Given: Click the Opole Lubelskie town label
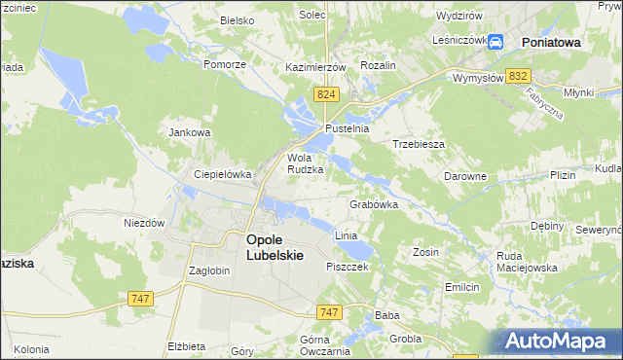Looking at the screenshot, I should (275, 247).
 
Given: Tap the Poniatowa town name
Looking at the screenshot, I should (551, 43).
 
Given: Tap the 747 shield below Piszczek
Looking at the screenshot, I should (329, 311).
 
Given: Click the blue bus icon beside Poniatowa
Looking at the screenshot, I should (495, 42).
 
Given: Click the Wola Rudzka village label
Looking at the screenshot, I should (304, 162).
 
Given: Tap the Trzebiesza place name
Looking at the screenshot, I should (419, 143).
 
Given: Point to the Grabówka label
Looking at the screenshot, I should (374, 205).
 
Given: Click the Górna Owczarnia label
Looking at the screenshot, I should (302, 345).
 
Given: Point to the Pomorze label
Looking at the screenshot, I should (227, 64).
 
